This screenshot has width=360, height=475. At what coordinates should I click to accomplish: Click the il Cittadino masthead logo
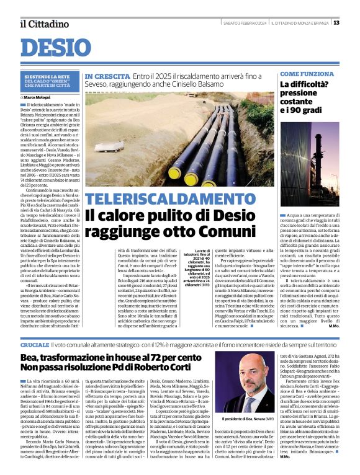pyautogui.click(x=44, y=24)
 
